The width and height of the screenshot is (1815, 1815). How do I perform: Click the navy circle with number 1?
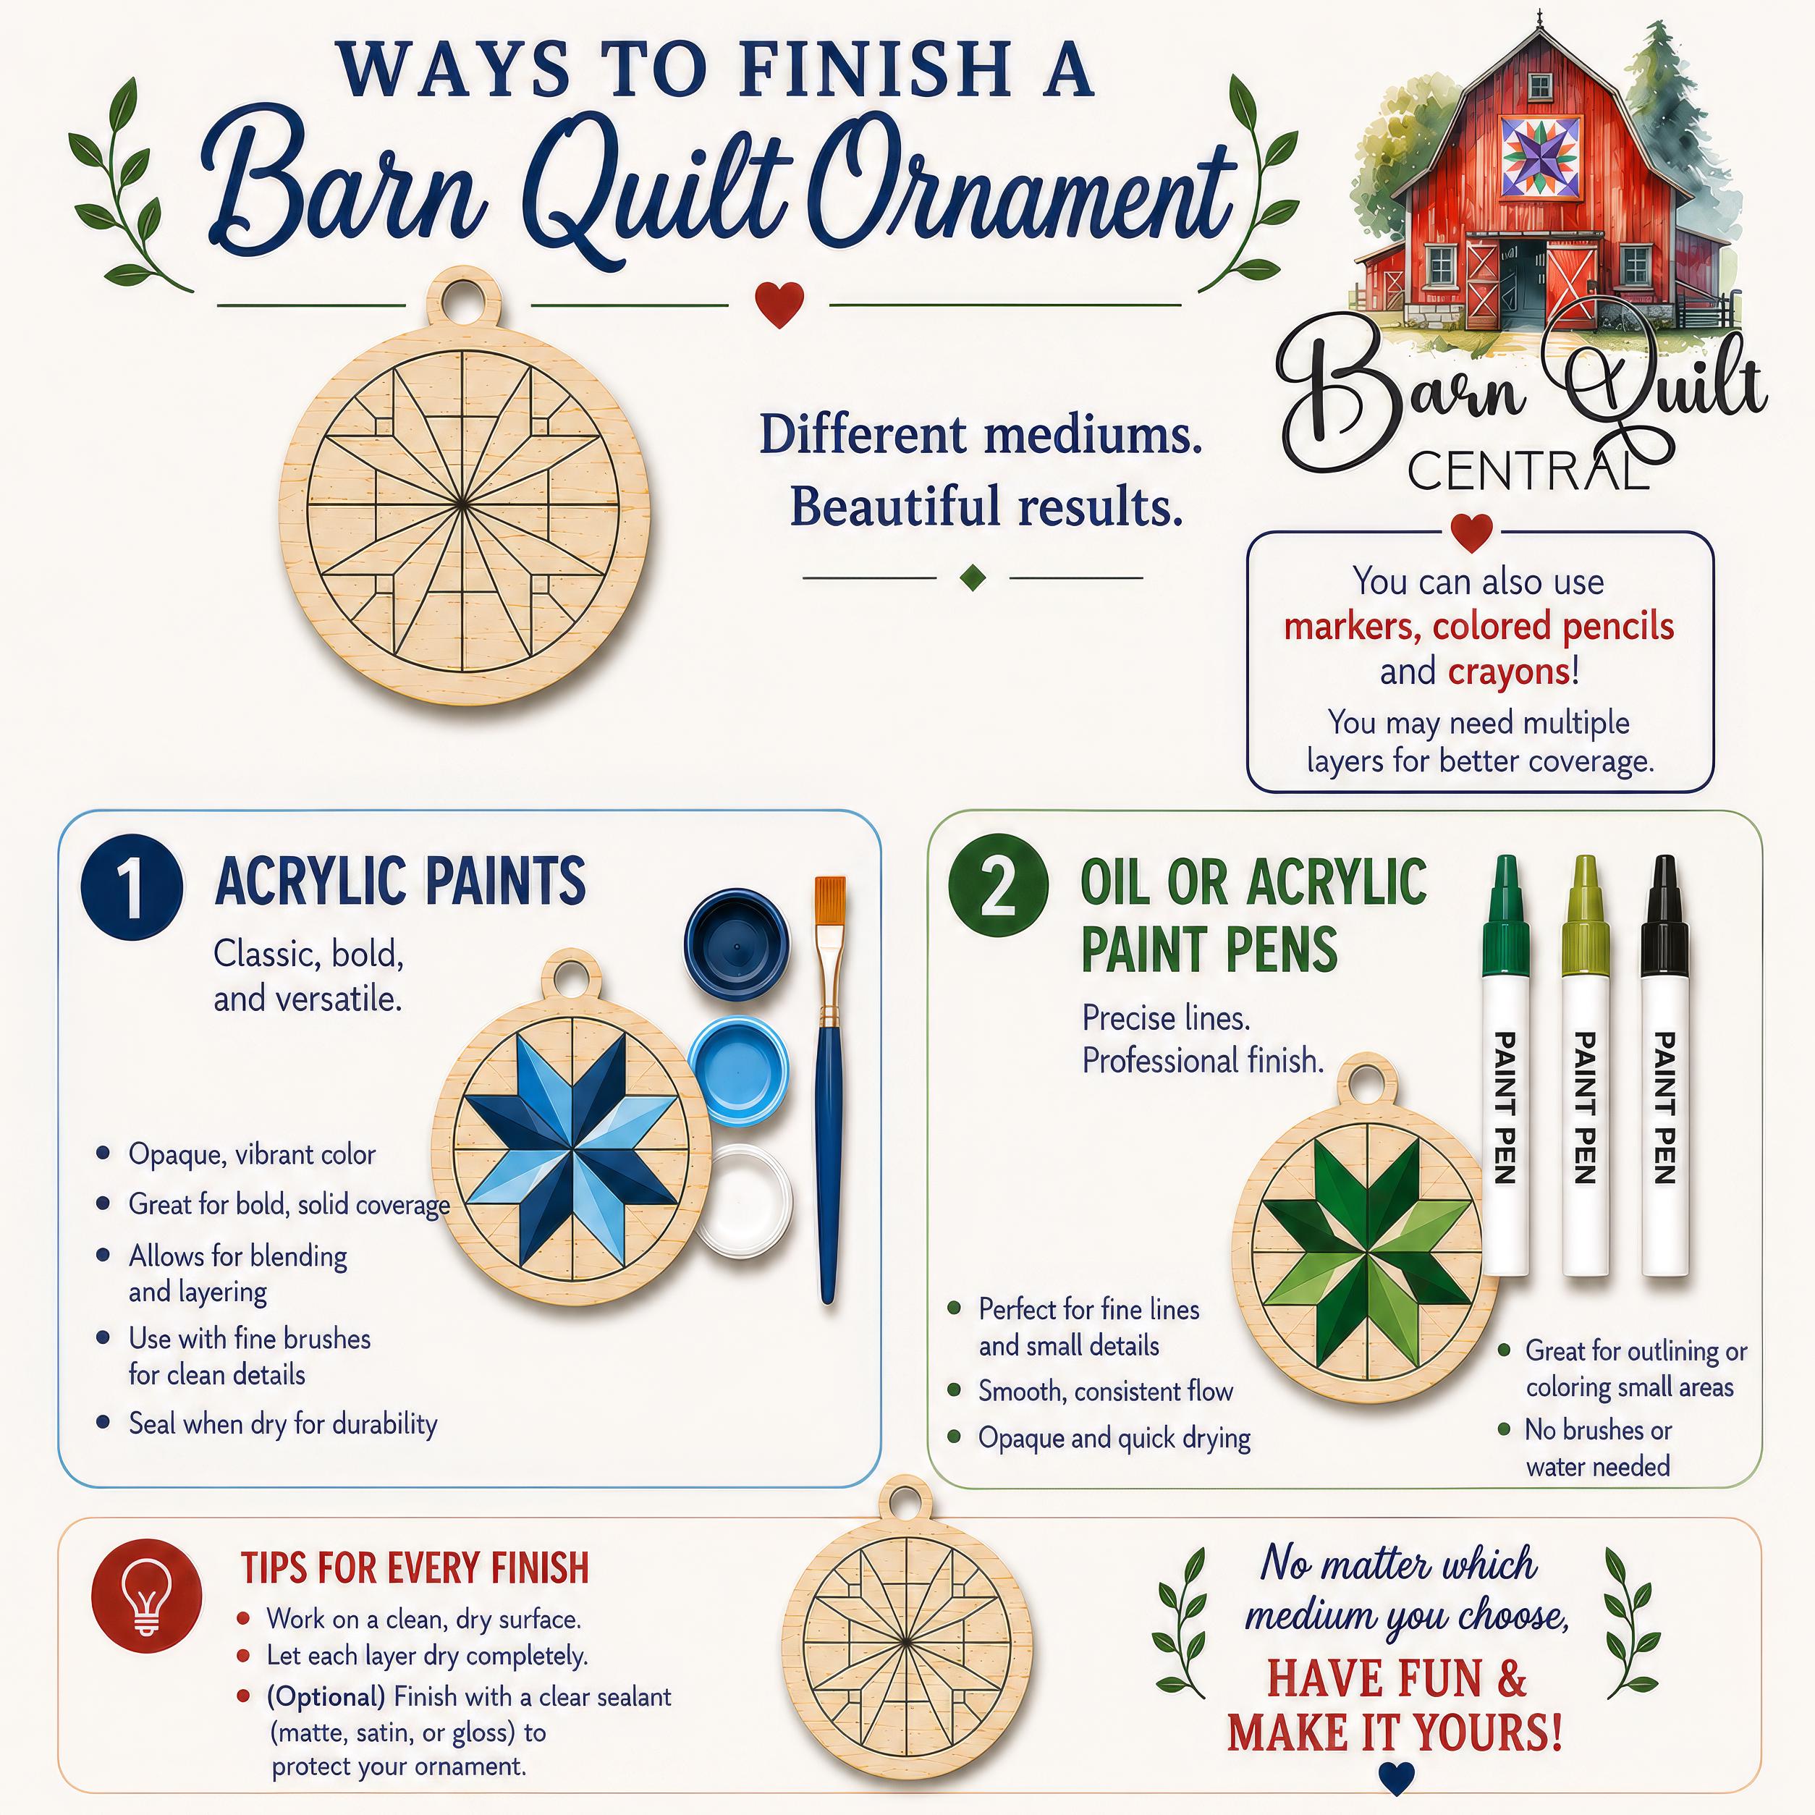click(x=132, y=886)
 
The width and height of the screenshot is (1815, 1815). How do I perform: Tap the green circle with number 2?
click(x=998, y=886)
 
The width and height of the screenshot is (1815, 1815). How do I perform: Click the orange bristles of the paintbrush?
click(x=829, y=900)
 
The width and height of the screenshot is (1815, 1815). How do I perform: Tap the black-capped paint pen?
click(x=1664, y=1065)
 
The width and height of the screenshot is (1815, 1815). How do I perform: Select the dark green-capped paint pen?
click(x=1505, y=1065)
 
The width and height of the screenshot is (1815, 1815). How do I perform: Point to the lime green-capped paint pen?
click(x=1586, y=1065)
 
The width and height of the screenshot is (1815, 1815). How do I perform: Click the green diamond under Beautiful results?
click(x=973, y=577)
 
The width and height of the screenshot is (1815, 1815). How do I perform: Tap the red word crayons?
click(x=1509, y=672)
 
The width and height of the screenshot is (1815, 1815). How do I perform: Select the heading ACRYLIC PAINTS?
click(x=400, y=881)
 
